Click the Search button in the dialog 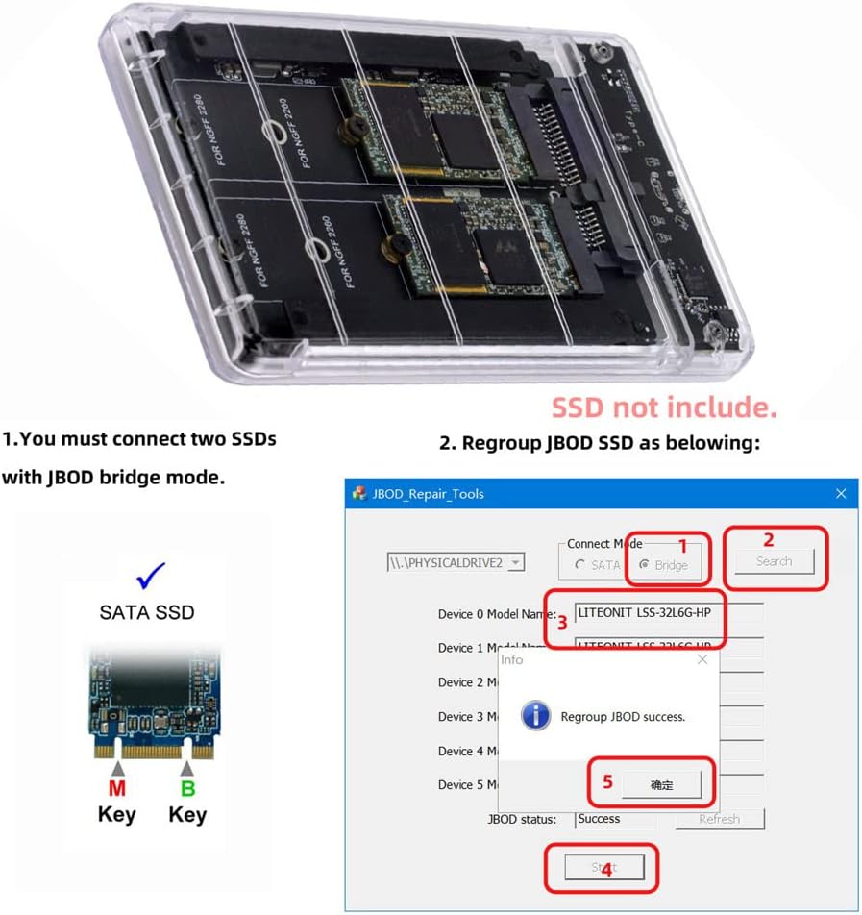(x=774, y=561)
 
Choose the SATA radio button (x=580, y=565)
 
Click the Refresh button (x=719, y=819)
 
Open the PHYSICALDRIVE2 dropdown (x=516, y=562)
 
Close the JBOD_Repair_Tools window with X (x=841, y=493)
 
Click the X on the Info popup (x=702, y=659)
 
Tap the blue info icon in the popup (x=535, y=716)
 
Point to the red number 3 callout (x=562, y=622)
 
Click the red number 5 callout (x=607, y=781)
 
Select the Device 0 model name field (x=668, y=613)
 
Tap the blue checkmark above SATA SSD (x=150, y=576)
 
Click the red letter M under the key (x=117, y=790)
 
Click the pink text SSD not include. (x=663, y=408)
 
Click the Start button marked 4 (x=603, y=868)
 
